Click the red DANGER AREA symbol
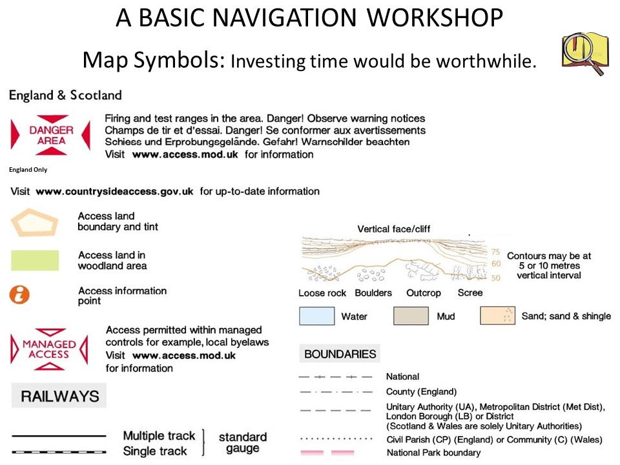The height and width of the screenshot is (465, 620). tap(50, 135)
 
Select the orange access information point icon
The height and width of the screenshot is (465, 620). tap(19, 295)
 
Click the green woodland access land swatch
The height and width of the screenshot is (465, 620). tap(35, 260)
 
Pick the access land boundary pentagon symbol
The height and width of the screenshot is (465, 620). tap(35, 223)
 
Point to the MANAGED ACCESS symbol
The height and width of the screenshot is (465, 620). tap(49, 349)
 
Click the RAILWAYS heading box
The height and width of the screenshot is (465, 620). tap(59, 396)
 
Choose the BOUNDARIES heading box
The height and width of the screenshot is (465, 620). tap(340, 353)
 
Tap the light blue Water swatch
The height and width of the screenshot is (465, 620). tap(316, 316)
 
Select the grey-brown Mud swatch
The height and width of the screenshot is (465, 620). tap(411, 316)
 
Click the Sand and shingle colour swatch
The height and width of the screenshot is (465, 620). tap(497, 316)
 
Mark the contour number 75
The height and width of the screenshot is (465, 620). tap(496, 252)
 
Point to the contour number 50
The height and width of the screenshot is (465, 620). tap(496, 278)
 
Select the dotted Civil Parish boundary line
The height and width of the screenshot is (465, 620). tap(336, 439)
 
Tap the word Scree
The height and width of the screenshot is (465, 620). tap(470, 293)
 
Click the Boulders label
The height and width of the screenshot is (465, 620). tap(373, 293)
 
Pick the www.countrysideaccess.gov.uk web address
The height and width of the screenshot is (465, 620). tap(115, 192)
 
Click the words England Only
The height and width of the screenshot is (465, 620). tap(28, 170)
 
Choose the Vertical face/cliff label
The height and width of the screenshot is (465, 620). tap(394, 229)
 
